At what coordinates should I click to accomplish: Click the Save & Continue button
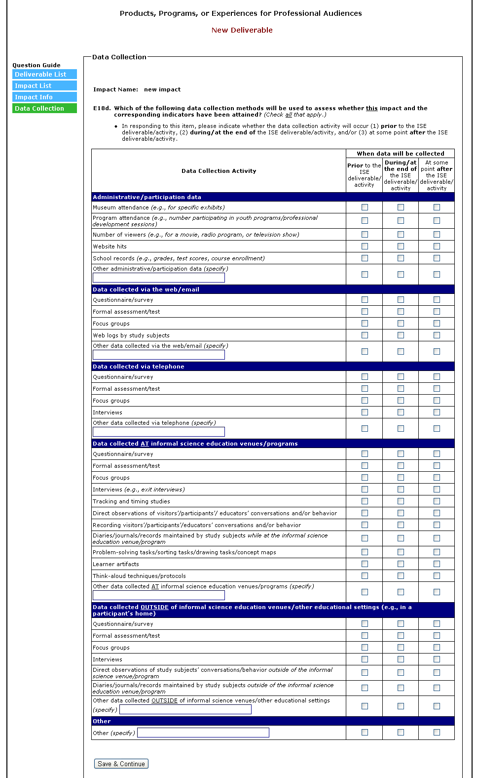121,764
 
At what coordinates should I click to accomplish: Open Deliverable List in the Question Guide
44,74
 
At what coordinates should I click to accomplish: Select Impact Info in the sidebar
44,97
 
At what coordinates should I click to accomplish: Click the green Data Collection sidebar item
44,109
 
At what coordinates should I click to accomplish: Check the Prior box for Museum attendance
365,207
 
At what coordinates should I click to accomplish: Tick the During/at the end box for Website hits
401,246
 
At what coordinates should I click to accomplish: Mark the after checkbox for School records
437,258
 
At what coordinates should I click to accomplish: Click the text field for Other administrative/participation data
159,278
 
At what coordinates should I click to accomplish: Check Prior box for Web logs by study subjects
365,335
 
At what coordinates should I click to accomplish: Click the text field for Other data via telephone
159,432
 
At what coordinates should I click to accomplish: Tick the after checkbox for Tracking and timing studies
437,501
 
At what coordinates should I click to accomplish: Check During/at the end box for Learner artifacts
401,564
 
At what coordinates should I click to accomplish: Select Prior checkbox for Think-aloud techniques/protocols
365,576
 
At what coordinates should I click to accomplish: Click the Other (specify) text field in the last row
203,733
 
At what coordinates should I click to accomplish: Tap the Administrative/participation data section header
147,197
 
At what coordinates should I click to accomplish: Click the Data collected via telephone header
139,367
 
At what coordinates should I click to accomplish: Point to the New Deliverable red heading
242,30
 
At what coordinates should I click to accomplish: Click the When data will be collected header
400,154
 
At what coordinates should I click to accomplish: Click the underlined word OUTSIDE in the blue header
154,607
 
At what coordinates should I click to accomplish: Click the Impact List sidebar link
44,86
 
